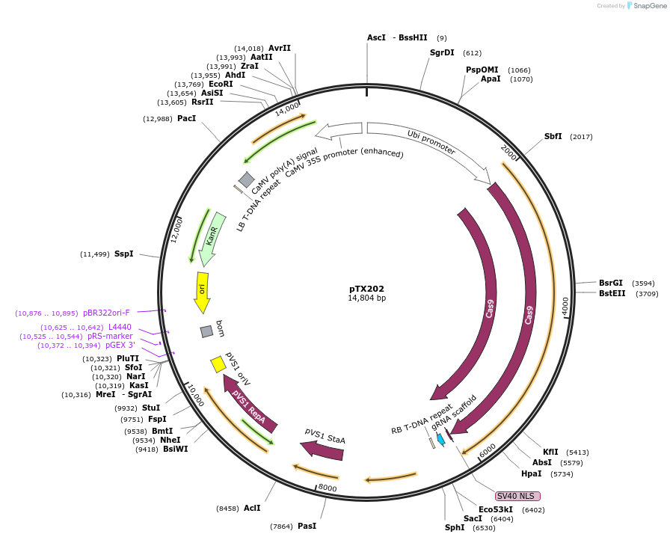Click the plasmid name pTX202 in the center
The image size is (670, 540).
point(366,288)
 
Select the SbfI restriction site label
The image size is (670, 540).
point(553,136)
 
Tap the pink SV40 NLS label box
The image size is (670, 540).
point(517,496)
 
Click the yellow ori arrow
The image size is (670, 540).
point(202,292)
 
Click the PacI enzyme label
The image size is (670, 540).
point(186,118)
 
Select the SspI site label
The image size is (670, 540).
point(123,254)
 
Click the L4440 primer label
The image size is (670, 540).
point(120,327)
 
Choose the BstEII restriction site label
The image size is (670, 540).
point(612,294)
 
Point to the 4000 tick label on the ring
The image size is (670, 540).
point(565,306)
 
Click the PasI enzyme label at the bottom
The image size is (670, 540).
point(307,526)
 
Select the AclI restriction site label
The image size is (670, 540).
point(252,508)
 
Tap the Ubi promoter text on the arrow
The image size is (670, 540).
point(431,142)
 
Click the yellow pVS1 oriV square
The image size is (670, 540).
point(218,364)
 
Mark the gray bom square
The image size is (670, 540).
point(206,331)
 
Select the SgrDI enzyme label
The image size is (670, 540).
point(442,52)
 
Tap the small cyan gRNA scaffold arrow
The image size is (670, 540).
point(441,440)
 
